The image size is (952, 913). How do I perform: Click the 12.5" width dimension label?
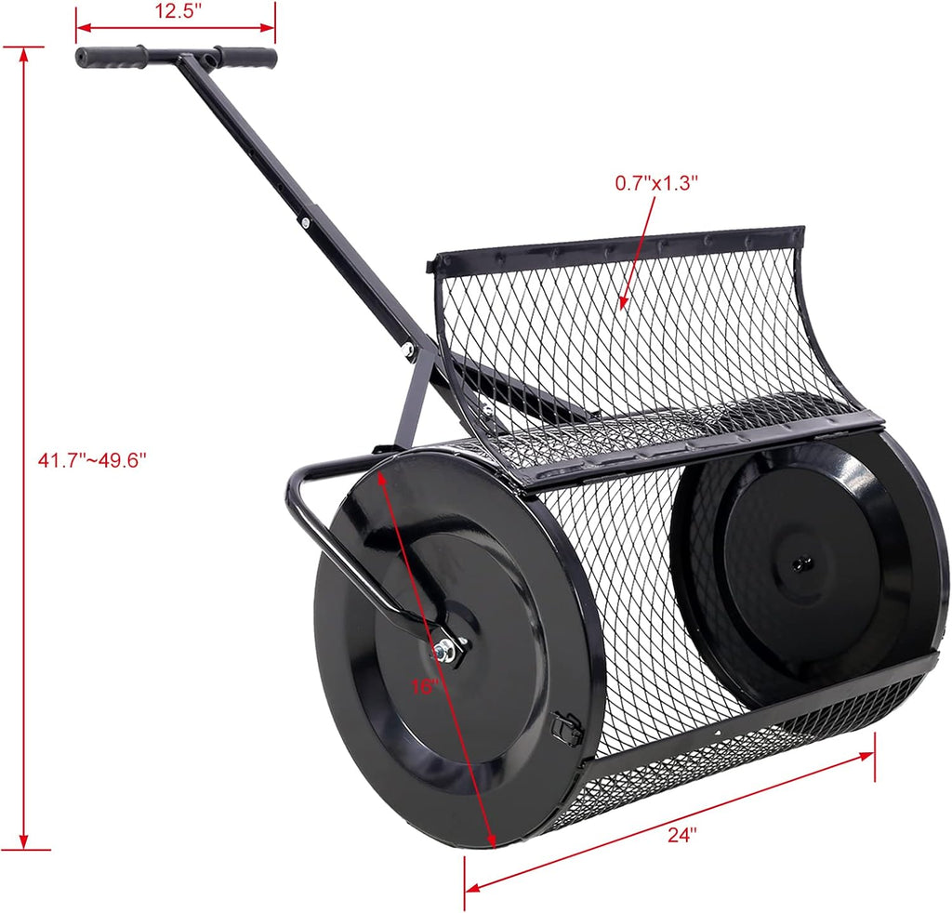176,11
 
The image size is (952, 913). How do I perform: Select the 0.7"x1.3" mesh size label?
656,183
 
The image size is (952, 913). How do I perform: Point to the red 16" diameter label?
423,686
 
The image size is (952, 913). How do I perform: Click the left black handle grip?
111,57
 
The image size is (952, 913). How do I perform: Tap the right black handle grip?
245,57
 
